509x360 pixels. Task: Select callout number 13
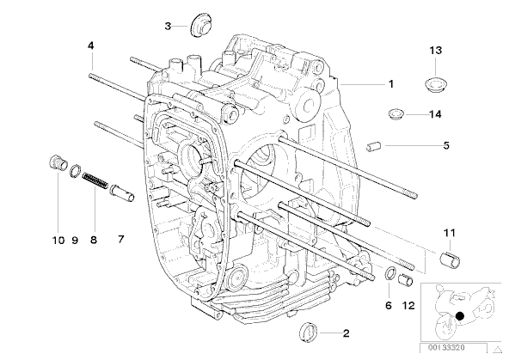coord(436,51)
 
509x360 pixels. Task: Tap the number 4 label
coord(91,46)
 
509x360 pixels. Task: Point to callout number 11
coord(450,233)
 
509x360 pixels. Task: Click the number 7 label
coord(120,240)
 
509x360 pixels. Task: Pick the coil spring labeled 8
coord(95,181)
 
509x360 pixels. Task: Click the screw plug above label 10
coord(58,162)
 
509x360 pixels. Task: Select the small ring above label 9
coord(75,171)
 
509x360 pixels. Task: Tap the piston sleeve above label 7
coord(122,192)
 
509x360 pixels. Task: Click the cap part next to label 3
coord(199,25)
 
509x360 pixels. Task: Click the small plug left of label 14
coord(396,114)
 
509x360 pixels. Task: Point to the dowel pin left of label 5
coord(374,146)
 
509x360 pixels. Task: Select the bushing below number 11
coord(451,259)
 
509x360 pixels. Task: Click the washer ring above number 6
coord(389,272)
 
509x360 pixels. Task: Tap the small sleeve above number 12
coord(406,280)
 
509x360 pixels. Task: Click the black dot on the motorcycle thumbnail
coord(460,316)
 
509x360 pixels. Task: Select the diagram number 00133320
coord(446,348)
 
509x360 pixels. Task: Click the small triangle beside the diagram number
coord(497,350)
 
